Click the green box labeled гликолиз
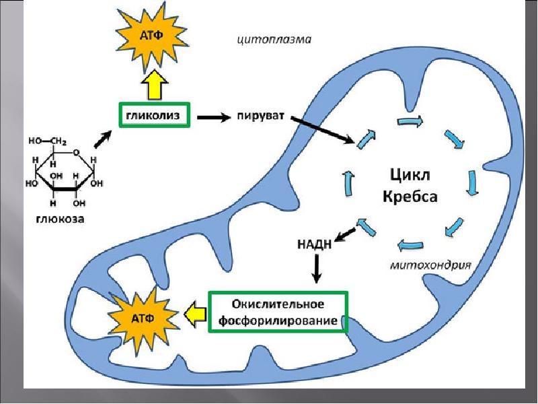(x=155, y=115)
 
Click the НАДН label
(x=314, y=243)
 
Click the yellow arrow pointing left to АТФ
(x=194, y=314)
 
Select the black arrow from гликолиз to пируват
(x=213, y=116)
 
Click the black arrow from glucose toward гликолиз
(x=102, y=137)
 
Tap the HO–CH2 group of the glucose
(x=45, y=141)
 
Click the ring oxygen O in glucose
(x=77, y=152)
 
